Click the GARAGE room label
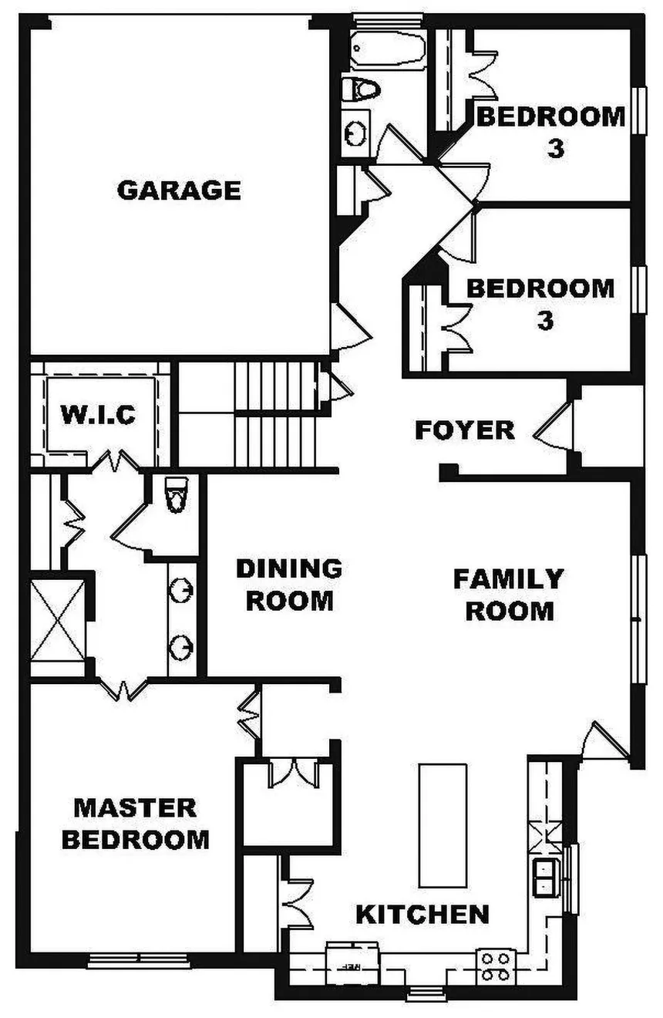[179, 190]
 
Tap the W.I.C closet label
[98, 414]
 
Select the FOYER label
[465, 430]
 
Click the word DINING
[289, 568]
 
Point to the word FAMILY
[509, 578]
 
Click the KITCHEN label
[422, 914]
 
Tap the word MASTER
[135, 808]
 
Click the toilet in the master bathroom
[177, 494]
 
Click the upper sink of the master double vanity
[181, 590]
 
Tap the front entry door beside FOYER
[553, 426]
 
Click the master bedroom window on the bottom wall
[139, 960]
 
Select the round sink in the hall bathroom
[355, 134]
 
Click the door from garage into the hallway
[350, 326]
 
